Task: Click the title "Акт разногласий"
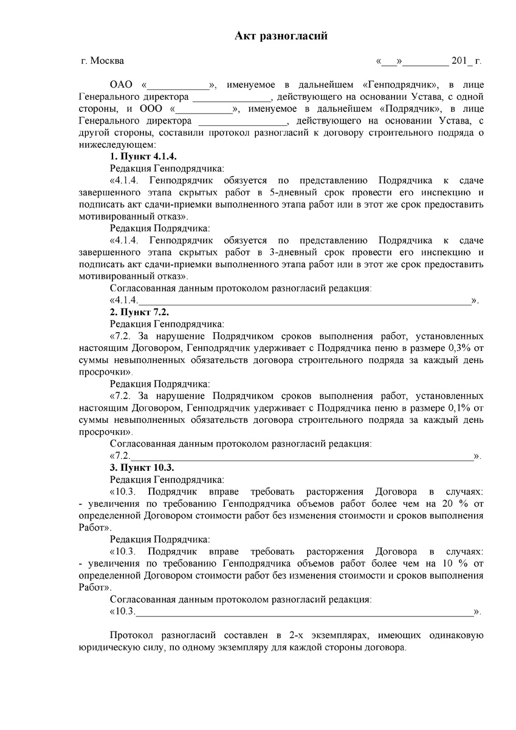click(281, 36)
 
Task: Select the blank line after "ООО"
click(204, 109)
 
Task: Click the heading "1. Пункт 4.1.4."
click(143, 157)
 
